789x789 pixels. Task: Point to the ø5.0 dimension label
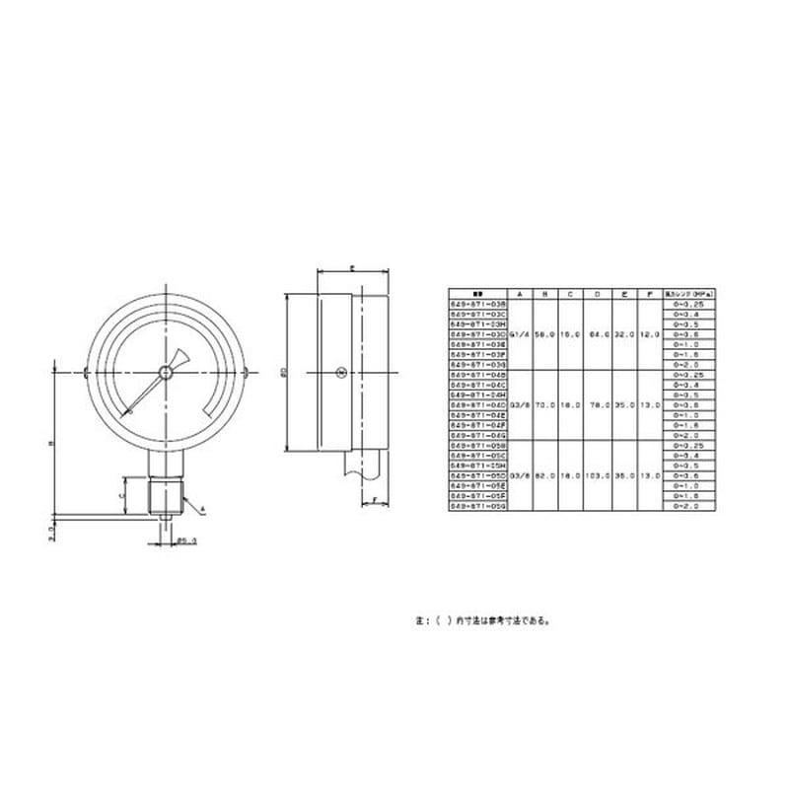click(189, 539)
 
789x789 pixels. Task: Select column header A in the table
click(518, 294)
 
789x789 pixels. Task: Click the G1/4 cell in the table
click(518, 335)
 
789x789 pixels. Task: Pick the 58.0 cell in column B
click(544, 335)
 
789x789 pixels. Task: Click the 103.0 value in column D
click(597, 475)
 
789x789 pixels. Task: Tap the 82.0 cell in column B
click(544, 475)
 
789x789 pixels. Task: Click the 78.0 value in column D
click(597, 405)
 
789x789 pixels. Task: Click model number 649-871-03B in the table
click(477, 305)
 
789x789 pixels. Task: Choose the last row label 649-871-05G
click(477, 505)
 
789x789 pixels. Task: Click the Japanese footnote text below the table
click(483, 621)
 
